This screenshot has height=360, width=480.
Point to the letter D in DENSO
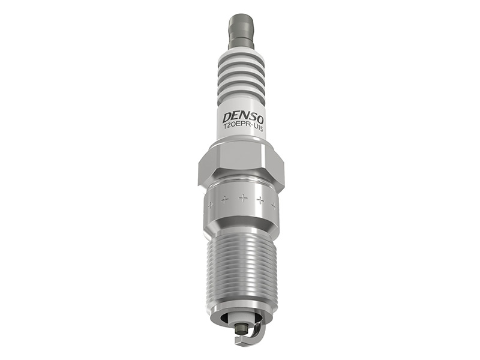coord(228,116)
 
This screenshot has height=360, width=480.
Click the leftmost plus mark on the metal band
coord(210,205)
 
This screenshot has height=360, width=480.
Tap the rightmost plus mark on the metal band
coord(274,206)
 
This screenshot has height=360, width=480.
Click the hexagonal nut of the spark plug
coord(242,162)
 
